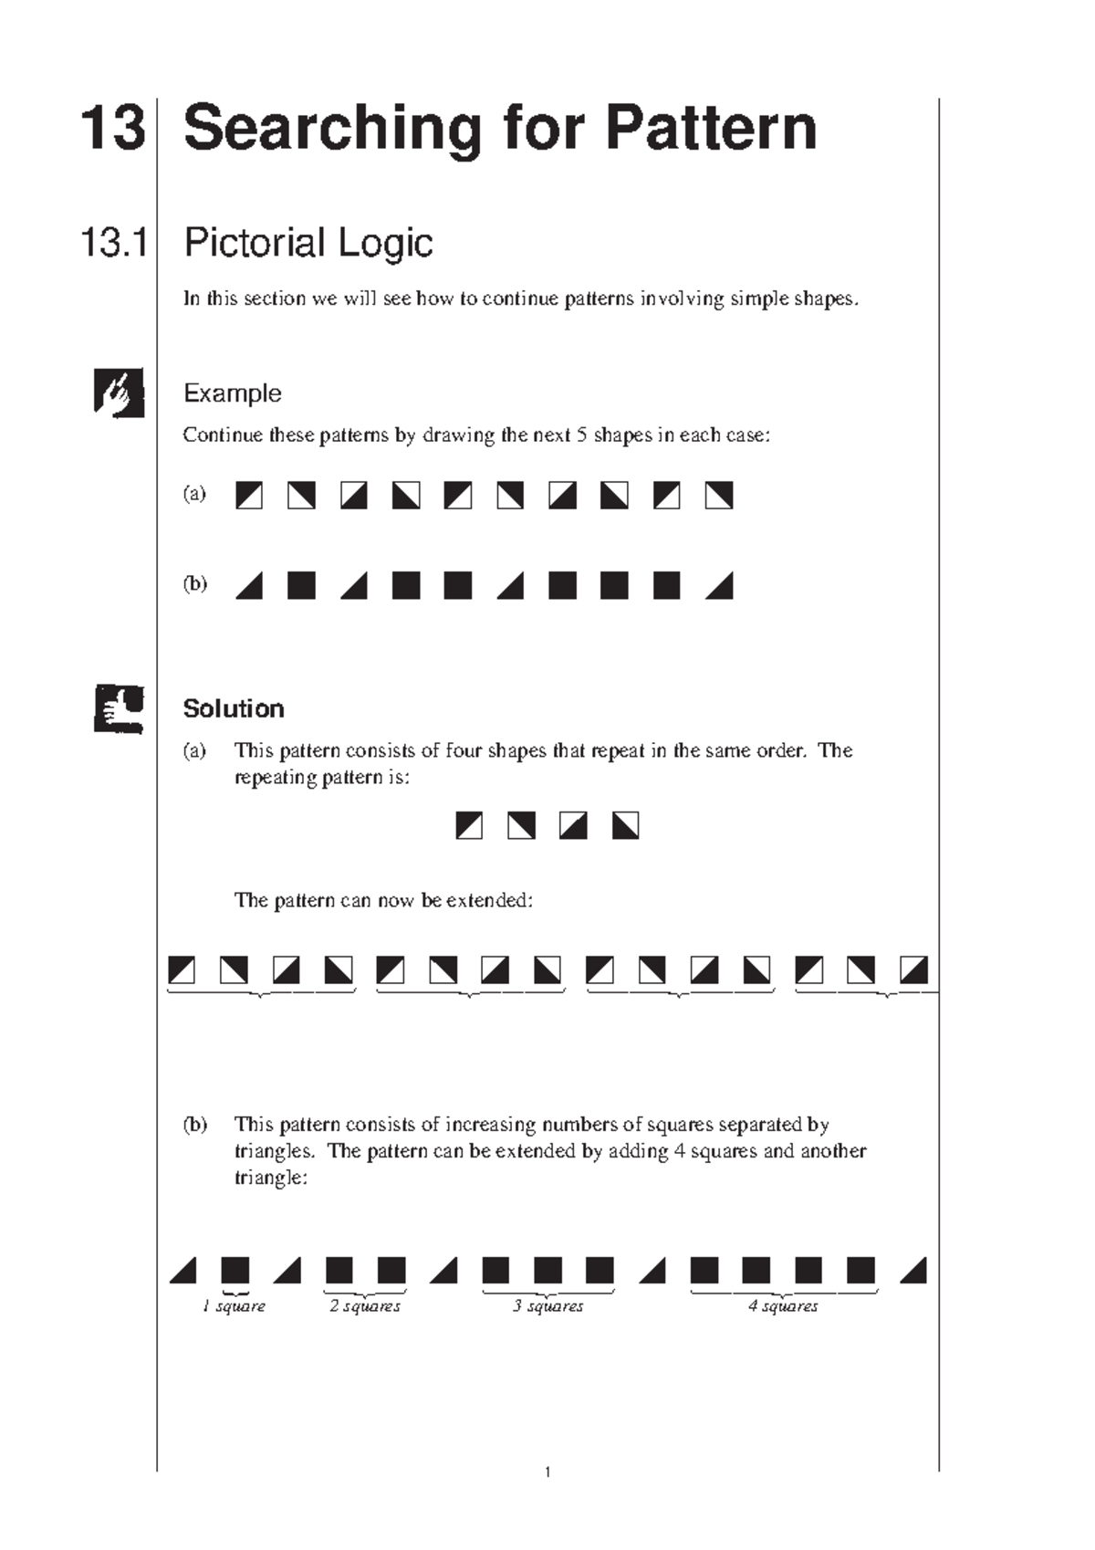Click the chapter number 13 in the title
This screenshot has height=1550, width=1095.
coord(113,129)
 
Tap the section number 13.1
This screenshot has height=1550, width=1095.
coord(114,243)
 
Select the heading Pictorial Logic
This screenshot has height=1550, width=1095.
coord(308,243)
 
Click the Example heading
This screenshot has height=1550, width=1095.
coord(232,393)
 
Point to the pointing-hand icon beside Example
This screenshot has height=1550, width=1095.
coord(119,393)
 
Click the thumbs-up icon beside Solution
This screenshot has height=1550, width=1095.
coord(119,708)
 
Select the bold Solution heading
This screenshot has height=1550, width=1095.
coord(234,708)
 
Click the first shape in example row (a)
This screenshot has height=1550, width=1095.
coord(249,496)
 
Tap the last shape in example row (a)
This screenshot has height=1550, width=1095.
coord(719,496)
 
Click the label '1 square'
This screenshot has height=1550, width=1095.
coord(235,1306)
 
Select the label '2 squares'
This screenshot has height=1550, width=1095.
coord(365,1306)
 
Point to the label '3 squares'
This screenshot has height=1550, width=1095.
coord(548,1306)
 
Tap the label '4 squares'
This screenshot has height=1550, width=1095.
coord(783,1306)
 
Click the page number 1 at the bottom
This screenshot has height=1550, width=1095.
coord(547,1471)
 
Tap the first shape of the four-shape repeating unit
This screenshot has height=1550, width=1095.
coord(469,826)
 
